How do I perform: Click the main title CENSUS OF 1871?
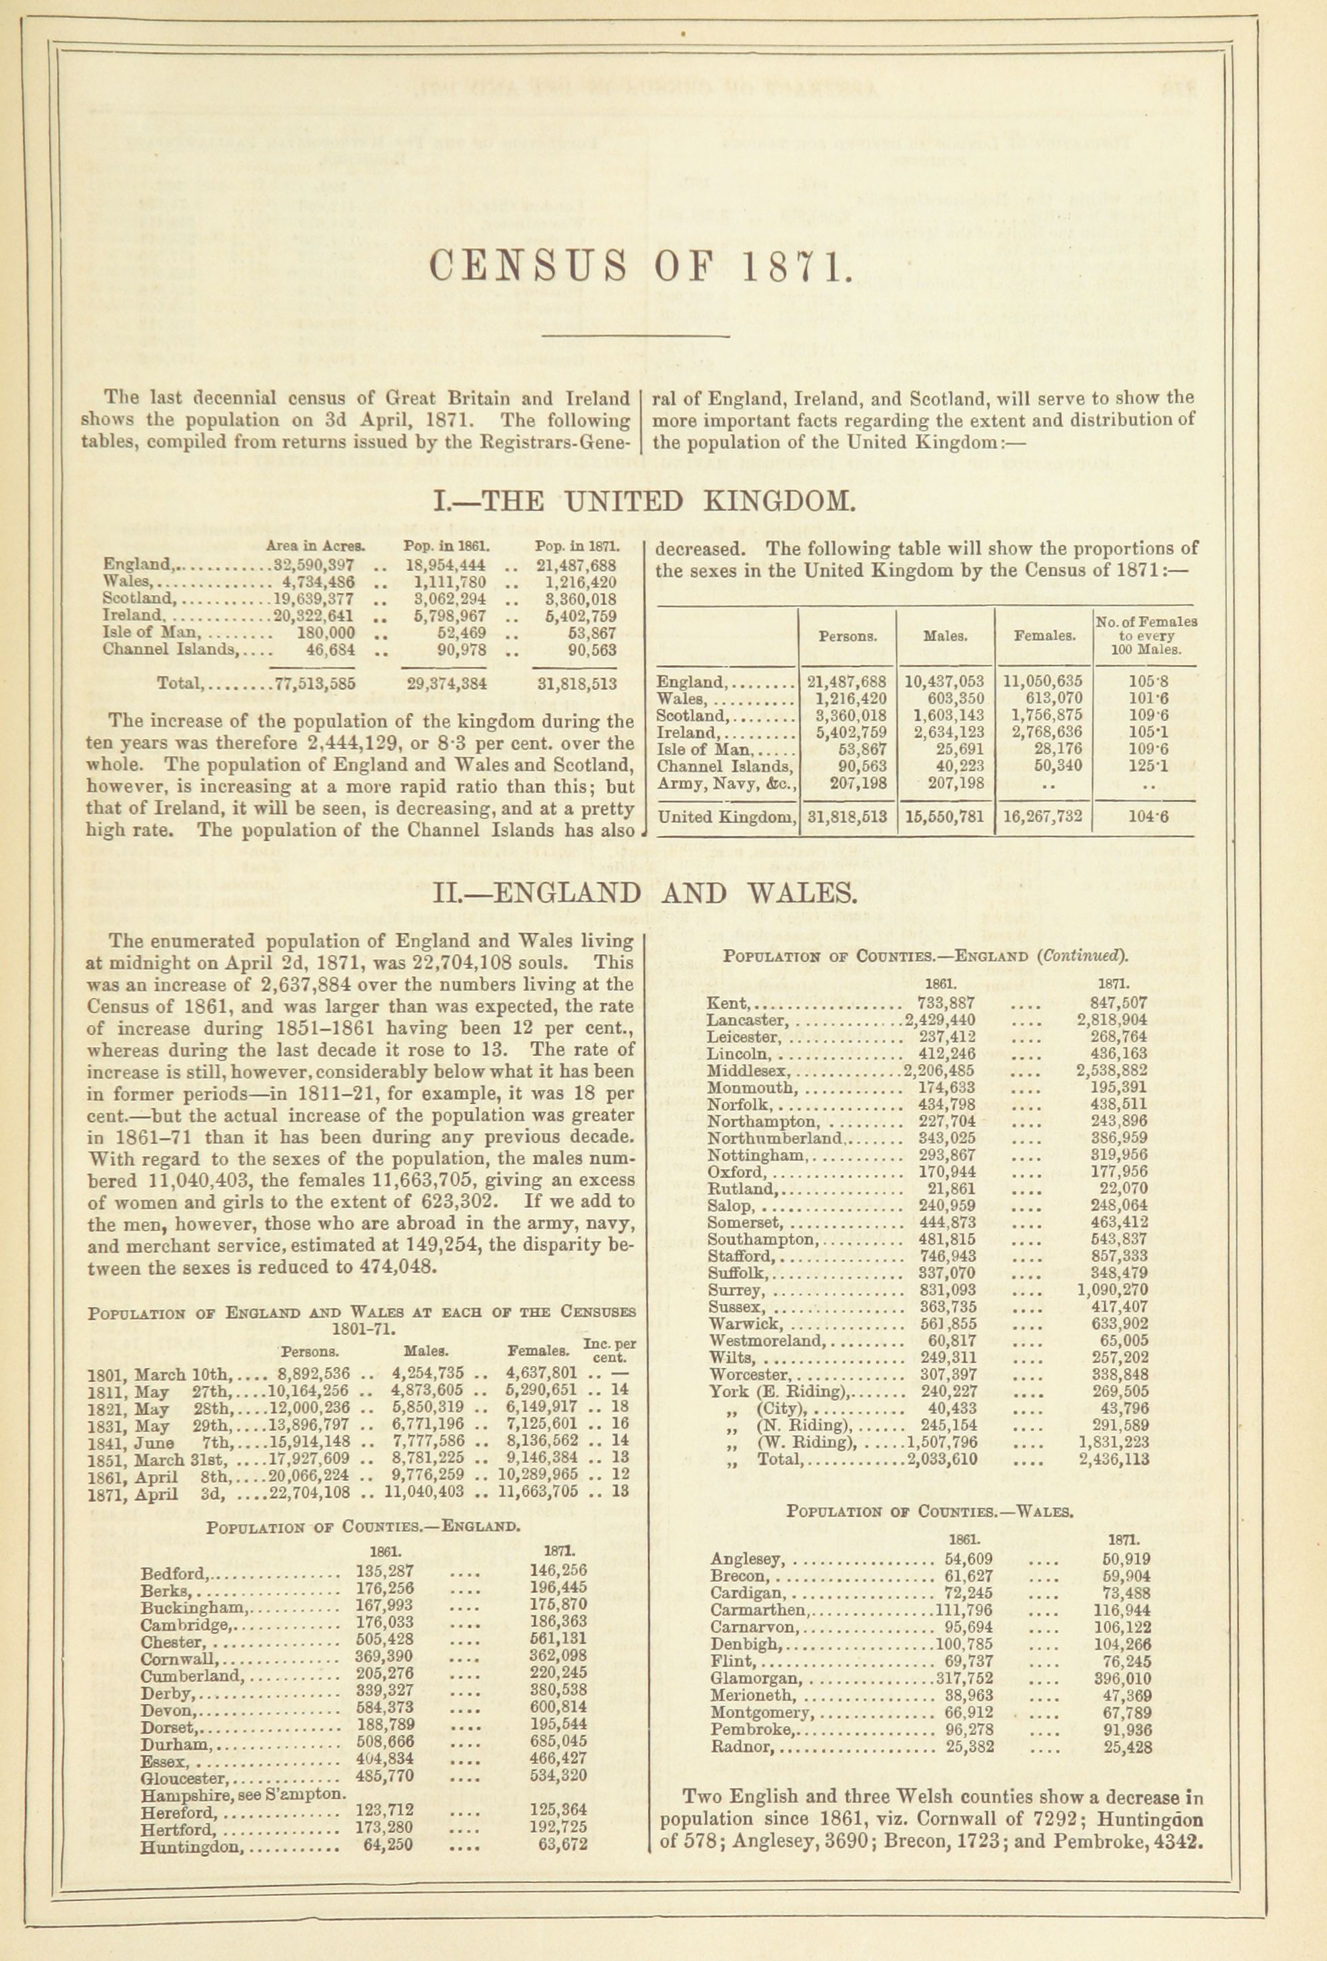tap(637, 268)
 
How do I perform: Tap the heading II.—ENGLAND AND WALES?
tap(643, 893)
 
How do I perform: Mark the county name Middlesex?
tap(749, 1071)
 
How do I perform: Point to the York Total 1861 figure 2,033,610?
tap(942, 1459)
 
